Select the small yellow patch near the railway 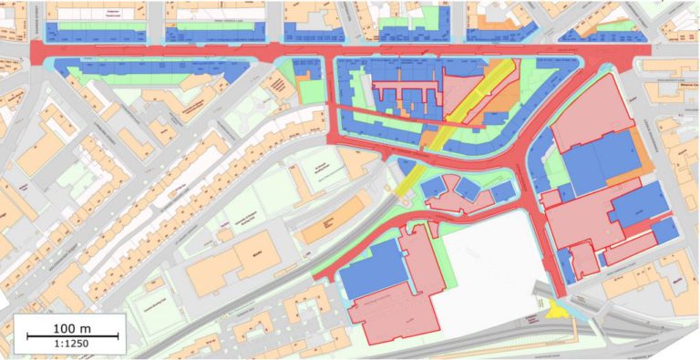pos(553,311)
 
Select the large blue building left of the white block pos(374,269)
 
